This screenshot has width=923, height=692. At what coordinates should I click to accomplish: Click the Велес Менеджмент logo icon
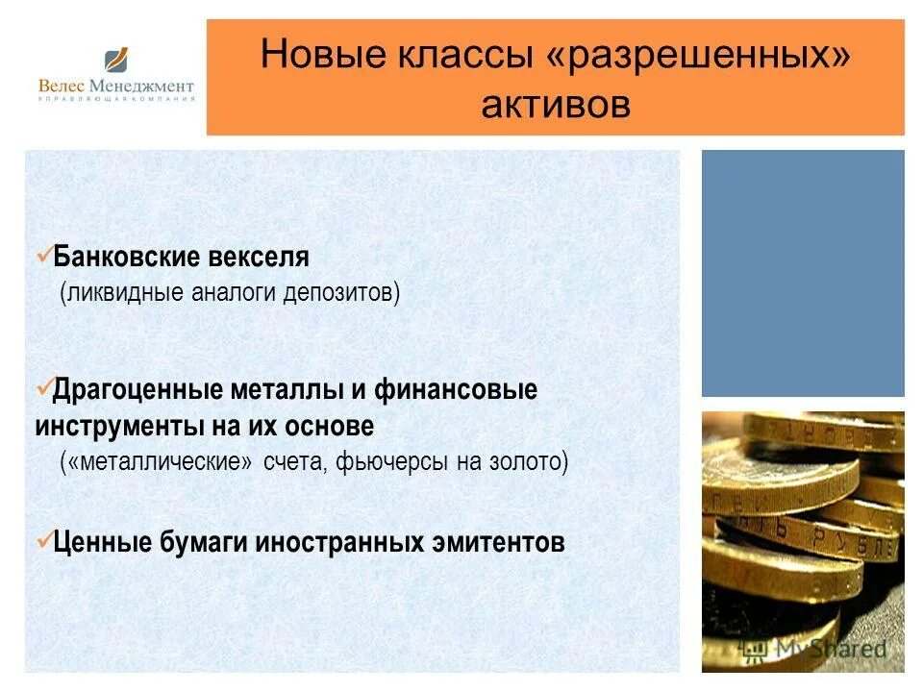[117, 61]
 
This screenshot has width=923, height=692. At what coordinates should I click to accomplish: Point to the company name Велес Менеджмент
[116, 86]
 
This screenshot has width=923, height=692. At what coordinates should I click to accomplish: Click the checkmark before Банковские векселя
[42, 256]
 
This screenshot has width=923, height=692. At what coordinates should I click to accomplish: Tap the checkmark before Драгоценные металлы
[42, 388]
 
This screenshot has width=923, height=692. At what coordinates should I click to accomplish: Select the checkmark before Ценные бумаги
[42, 540]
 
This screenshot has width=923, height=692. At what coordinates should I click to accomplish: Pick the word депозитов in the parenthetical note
[340, 292]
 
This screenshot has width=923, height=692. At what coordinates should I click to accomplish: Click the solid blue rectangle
[803, 273]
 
